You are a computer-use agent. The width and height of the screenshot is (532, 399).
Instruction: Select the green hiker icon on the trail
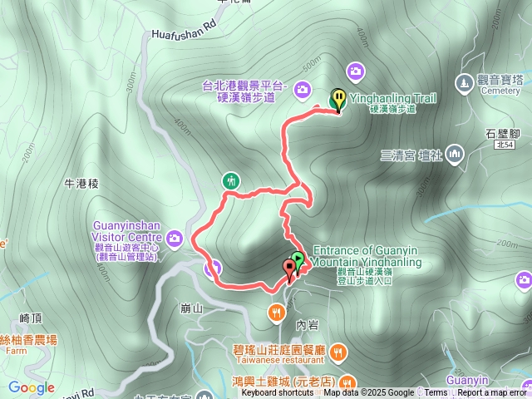click(x=232, y=180)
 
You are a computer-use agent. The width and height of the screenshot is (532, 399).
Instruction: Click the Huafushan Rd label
click(x=183, y=36)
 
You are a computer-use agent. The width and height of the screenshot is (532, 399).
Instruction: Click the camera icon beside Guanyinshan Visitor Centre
click(x=175, y=240)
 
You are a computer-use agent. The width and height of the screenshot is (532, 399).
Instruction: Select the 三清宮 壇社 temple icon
click(x=454, y=154)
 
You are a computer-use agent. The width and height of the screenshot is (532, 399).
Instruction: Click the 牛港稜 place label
click(x=81, y=183)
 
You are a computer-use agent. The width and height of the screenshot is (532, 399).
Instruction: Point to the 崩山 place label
click(x=191, y=308)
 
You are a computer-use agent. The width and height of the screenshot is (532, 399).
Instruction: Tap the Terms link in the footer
click(x=436, y=393)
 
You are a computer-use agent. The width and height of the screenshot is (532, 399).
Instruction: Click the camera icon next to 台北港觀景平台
click(x=301, y=88)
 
